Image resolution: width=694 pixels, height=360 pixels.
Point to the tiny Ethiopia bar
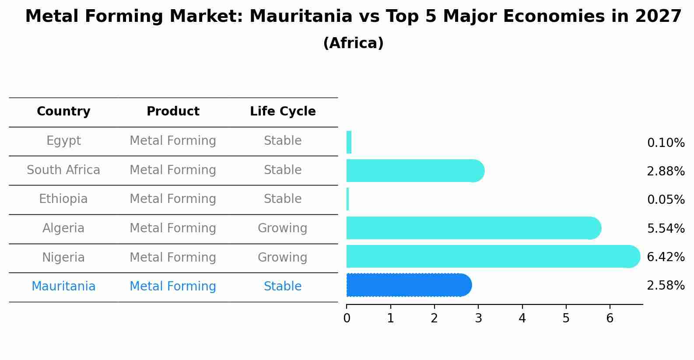pyautogui.click(x=348, y=199)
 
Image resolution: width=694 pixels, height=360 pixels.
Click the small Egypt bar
pyautogui.click(x=349, y=142)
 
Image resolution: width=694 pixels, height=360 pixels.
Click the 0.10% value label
pyautogui.click(x=666, y=143)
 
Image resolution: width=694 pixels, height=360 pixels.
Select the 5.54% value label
pyautogui.click(x=666, y=228)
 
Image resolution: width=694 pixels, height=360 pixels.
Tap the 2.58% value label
pyautogui.click(x=666, y=286)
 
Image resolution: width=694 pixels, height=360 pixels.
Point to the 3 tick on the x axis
pyautogui.click(x=478, y=318)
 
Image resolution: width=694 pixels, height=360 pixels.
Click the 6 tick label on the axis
pyautogui.click(x=610, y=318)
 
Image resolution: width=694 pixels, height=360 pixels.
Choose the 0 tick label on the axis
pyautogui.click(x=347, y=318)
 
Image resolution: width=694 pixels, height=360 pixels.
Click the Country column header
pyautogui.click(x=63, y=112)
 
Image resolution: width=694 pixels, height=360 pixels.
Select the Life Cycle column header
pyautogui.click(x=283, y=112)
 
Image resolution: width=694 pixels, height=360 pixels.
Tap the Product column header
pyautogui.click(x=173, y=112)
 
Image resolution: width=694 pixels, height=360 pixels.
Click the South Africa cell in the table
pyautogui.click(x=63, y=170)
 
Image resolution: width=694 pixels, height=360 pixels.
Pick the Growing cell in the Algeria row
pyautogui.click(x=282, y=228)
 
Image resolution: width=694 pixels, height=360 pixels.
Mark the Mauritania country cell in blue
pyautogui.click(x=63, y=287)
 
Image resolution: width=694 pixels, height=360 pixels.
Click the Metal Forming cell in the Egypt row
pyautogui.click(x=173, y=141)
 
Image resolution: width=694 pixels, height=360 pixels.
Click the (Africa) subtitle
pyautogui.click(x=353, y=43)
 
